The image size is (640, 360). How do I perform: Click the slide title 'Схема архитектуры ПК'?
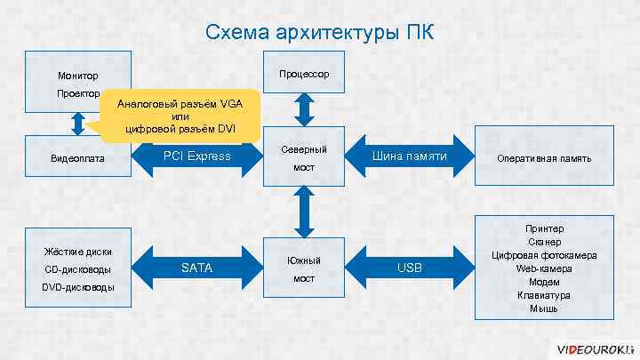(x=320, y=33)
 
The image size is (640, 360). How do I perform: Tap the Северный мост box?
(x=304, y=157)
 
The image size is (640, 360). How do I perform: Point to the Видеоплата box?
(x=78, y=158)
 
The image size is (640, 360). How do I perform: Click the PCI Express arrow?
(x=196, y=157)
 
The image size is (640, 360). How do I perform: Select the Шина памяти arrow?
(x=409, y=157)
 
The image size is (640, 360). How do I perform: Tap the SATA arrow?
(x=196, y=268)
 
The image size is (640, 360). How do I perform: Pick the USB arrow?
(x=409, y=268)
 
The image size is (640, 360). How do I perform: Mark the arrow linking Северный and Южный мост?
(x=304, y=213)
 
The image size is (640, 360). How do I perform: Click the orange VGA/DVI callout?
(x=181, y=116)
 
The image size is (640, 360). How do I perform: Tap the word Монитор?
(x=77, y=76)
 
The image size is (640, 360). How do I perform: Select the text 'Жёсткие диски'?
(x=77, y=252)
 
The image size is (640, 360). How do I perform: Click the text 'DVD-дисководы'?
(x=77, y=287)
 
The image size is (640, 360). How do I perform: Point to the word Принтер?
(x=544, y=228)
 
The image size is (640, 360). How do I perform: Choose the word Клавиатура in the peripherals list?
(x=544, y=295)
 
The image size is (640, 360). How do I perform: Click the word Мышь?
(x=544, y=308)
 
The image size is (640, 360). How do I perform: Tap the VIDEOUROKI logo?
(x=591, y=348)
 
